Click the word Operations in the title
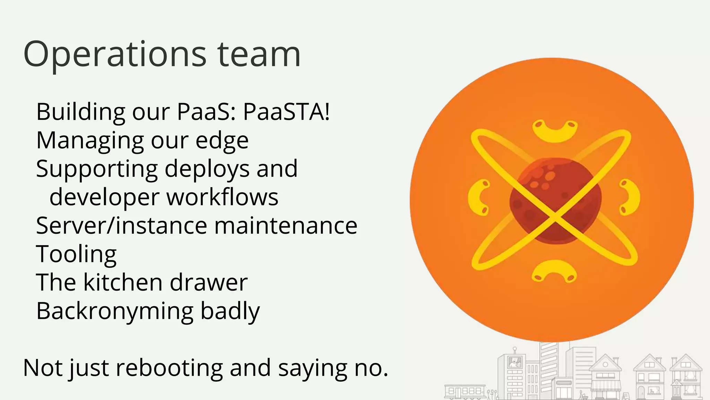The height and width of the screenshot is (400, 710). coord(115,55)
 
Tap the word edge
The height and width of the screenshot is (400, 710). coord(222,141)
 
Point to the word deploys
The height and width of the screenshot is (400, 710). coord(207,169)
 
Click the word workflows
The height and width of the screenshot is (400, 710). coord(222,197)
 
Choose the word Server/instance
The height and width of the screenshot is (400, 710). coord(121,226)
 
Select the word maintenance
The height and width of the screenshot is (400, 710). coord(286,226)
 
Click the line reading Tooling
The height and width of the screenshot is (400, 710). coord(76,254)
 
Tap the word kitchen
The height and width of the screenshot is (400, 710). coord(123,282)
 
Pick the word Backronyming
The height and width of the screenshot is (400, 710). coord(115,311)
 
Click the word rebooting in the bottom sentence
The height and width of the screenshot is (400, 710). coord(169,368)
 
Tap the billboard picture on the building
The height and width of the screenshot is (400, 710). coord(514,362)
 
